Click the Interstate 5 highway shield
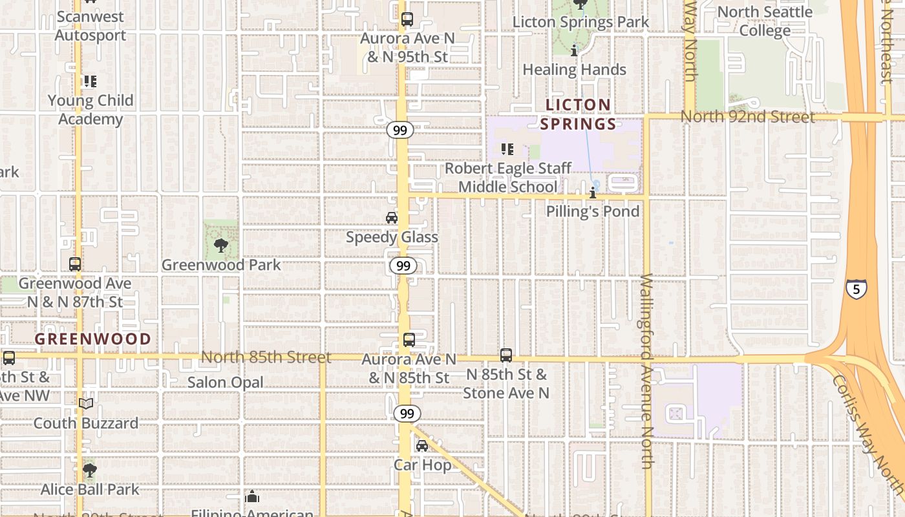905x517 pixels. [x=856, y=288]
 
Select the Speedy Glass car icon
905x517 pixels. [x=392, y=218]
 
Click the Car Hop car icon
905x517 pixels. [x=422, y=445]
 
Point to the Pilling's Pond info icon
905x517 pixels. [x=593, y=193]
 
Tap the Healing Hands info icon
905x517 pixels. [x=574, y=50]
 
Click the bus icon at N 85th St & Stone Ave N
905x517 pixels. [x=506, y=355]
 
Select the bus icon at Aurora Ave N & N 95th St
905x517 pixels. [x=407, y=19]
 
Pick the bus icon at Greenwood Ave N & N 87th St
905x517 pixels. [x=75, y=264]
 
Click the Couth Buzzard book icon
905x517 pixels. [x=85, y=404]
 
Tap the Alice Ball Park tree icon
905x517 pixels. [x=90, y=470]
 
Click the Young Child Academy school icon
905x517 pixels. [x=90, y=81]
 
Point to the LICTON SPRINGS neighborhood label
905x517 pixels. [x=578, y=114]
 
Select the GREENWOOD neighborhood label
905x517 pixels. [x=92, y=339]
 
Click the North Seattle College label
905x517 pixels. [x=765, y=21]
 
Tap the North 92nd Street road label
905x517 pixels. [x=747, y=117]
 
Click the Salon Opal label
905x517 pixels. [x=226, y=383]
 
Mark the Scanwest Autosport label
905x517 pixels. [x=90, y=26]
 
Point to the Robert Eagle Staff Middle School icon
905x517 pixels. [x=507, y=149]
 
